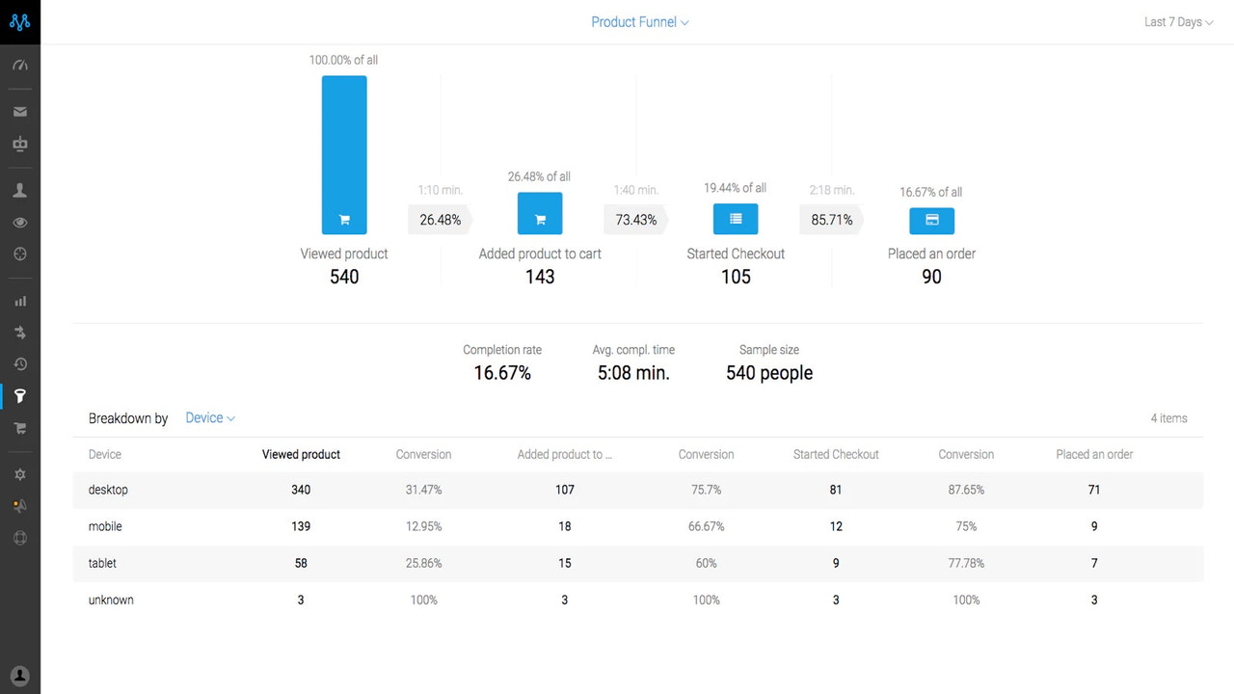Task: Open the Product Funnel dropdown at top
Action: [639, 22]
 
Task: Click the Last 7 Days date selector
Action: [1178, 22]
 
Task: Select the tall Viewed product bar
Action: [344, 154]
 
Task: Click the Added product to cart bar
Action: [540, 214]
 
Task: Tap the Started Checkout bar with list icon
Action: [736, 219]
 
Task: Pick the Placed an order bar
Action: [931, 221]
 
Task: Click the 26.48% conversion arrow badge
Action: [441, 220]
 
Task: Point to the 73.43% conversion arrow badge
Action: [636, 220]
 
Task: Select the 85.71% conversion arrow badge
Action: [832, 220]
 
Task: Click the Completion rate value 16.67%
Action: [502, 373]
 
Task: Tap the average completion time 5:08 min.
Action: [633, 373]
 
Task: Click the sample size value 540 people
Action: [769, 373]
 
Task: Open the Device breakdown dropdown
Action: [210, 418]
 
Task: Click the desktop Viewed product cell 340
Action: [301, 490]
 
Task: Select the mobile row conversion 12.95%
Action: [423, 526]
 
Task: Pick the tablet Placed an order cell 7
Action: [1094, 563]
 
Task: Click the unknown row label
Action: [111, 600]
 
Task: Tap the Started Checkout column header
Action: [836, 454]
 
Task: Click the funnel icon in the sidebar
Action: [20, 396]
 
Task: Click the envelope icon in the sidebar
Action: [20, 112]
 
